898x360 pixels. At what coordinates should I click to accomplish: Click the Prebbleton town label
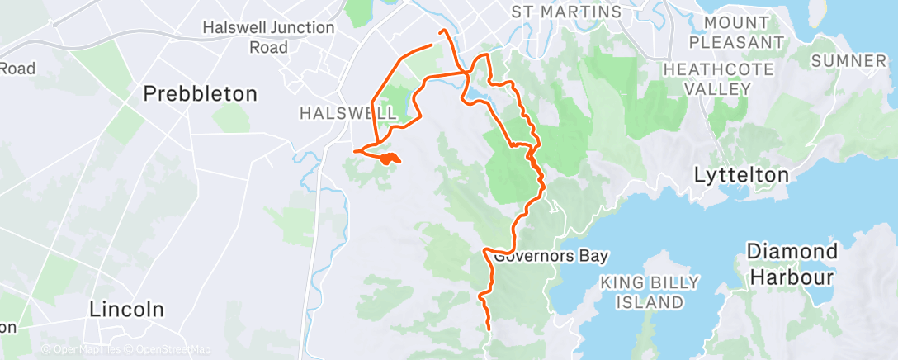click(x=201, y=93)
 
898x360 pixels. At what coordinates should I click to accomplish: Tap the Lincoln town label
click(x=127, y=310)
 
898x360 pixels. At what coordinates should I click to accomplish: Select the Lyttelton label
click(x=742, y=175)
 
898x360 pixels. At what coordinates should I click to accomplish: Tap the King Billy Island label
click(x=650, y=292)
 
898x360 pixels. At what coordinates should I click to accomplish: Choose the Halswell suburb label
click(x=337, y=111)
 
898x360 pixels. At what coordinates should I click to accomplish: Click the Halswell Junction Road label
click(x=268, y=37)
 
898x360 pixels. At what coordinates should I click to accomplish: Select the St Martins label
click(x=566, y=12)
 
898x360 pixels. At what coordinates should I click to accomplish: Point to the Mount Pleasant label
click(x=736, y=32)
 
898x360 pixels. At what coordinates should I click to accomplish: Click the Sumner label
click(x=848, y=61)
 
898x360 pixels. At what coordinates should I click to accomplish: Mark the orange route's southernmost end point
click(x=489, y=329)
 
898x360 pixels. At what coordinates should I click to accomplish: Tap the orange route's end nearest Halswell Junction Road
click(x=432, y=45)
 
